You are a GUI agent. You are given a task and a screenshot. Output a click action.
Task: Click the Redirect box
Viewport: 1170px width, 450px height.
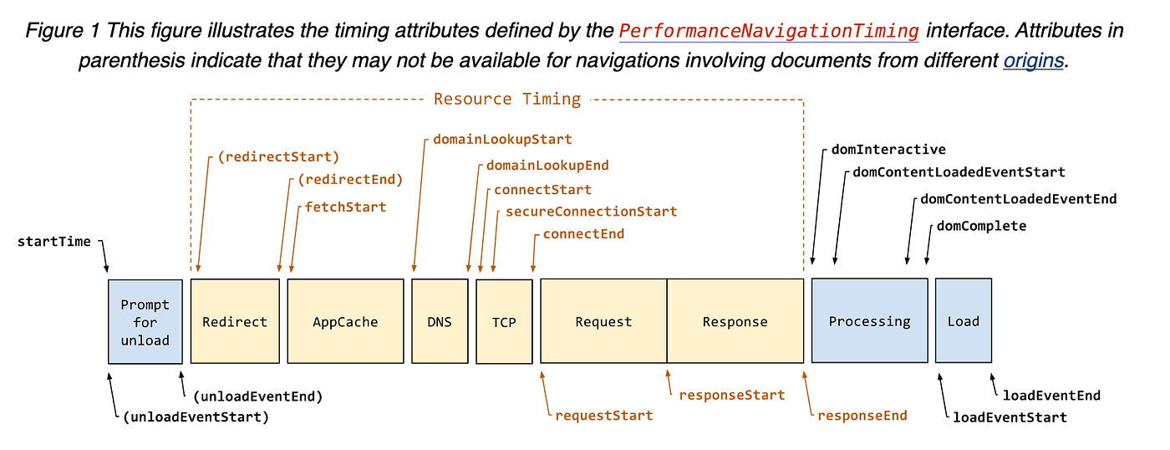point(235,321)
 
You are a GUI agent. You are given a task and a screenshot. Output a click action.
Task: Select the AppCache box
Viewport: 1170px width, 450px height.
point(345,321)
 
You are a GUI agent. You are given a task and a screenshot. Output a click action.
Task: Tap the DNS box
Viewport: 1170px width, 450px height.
point(440,321)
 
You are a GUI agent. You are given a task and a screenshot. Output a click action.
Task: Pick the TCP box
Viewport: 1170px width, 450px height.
point(504,322)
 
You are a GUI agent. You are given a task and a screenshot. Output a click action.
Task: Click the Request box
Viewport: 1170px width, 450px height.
point(603,321)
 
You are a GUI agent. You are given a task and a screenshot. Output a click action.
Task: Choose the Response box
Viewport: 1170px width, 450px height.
point(735,321)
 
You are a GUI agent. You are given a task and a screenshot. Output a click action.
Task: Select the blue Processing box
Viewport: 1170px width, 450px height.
point(869,321)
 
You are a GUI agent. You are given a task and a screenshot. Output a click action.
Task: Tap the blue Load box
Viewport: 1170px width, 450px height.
point(963,321)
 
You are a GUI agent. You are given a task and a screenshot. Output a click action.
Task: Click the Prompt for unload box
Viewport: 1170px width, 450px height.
point(145,322)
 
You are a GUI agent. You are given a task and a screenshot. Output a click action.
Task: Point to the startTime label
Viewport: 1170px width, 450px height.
point(54,242)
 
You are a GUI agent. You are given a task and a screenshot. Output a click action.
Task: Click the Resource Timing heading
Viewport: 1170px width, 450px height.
point(506,99)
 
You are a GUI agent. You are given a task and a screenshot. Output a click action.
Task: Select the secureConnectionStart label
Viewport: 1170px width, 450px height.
point(591,212)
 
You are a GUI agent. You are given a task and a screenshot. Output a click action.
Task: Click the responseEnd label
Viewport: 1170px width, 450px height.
point(862,415)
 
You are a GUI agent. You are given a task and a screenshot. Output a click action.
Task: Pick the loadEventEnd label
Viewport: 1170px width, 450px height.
point(1051,395)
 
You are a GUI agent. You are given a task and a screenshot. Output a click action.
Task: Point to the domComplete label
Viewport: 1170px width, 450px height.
point(981,226)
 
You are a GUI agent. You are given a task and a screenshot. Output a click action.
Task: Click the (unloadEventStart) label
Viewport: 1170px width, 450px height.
point(196,417)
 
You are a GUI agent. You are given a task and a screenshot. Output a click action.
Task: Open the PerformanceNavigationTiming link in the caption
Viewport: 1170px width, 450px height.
point(769,32)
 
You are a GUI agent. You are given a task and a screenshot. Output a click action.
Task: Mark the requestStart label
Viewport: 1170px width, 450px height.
point(604,415)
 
